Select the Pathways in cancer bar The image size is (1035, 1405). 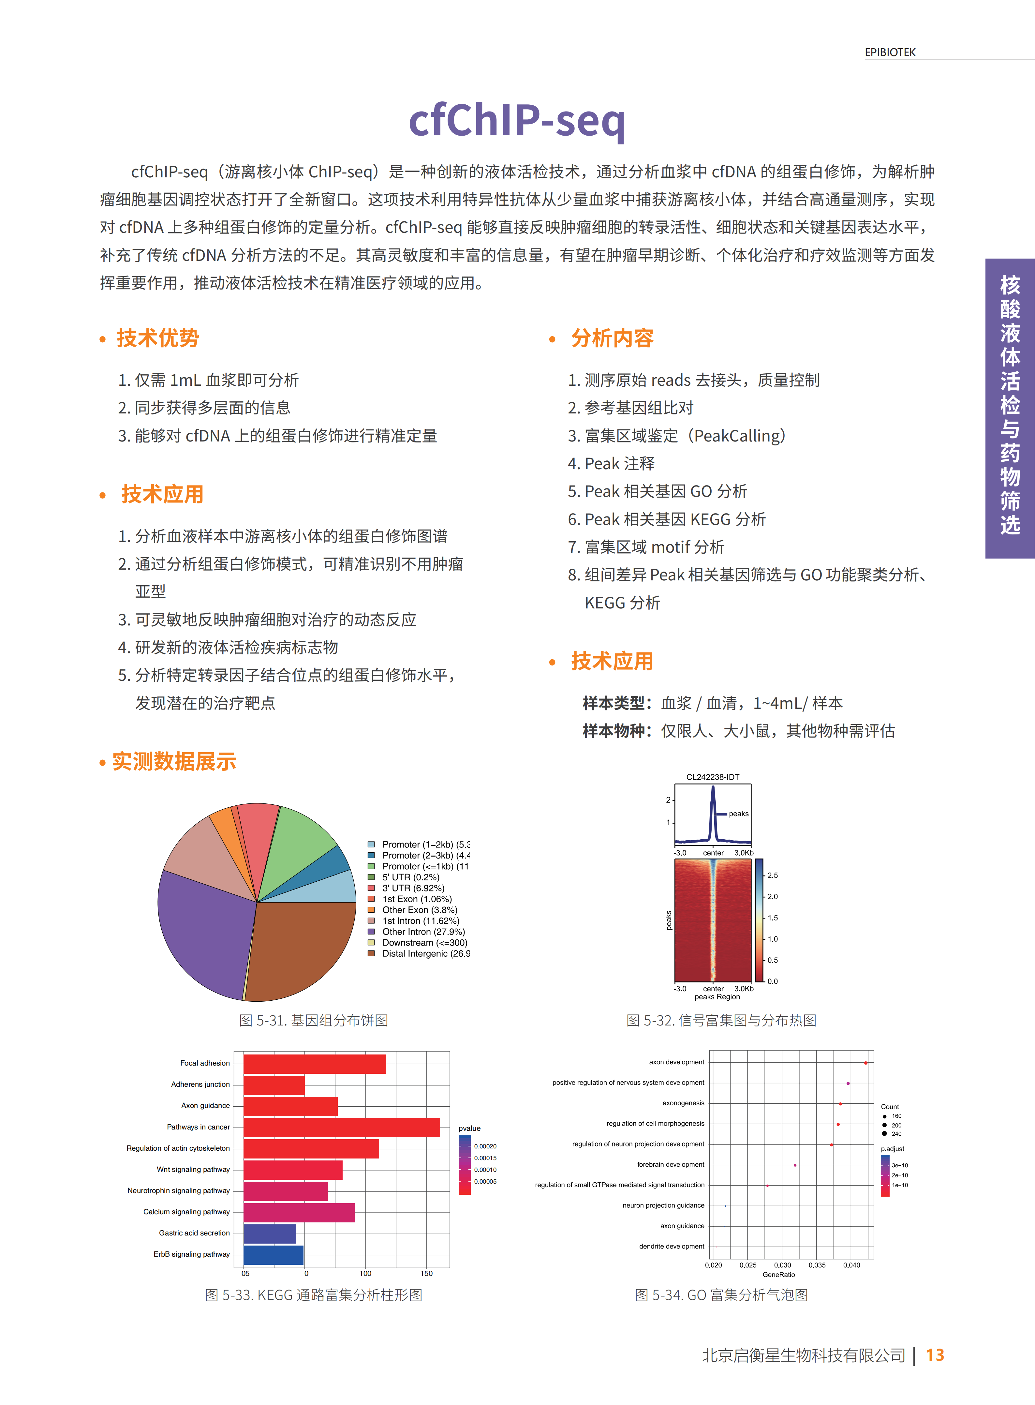pos(341,1128)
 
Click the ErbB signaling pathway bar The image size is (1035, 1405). pos(273,1255)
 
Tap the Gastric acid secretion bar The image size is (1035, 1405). pos(269,1233)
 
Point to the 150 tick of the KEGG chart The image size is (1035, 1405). pos(427,1273)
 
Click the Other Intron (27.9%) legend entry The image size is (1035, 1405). pos(423,932)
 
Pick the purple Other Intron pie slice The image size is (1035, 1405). pos(200,927)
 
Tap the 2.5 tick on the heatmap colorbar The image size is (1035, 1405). pos(773,875)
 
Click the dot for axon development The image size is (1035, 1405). pos(866,1063)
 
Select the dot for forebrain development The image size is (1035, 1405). pos(795,1165)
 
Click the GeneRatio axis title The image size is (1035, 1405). pos(779,1275)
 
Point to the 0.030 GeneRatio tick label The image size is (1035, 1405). pos(782,1265)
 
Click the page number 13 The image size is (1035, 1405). pos(935,1355)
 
